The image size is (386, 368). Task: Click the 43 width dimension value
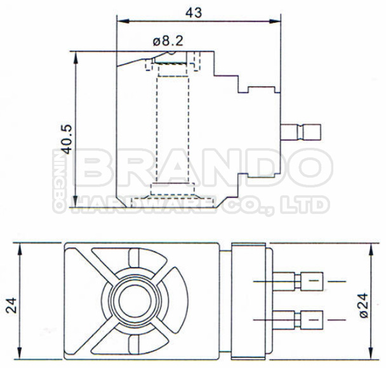point(199,11)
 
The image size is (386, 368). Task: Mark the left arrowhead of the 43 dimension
point(119,20)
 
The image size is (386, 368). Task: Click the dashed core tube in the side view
point(171,127)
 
